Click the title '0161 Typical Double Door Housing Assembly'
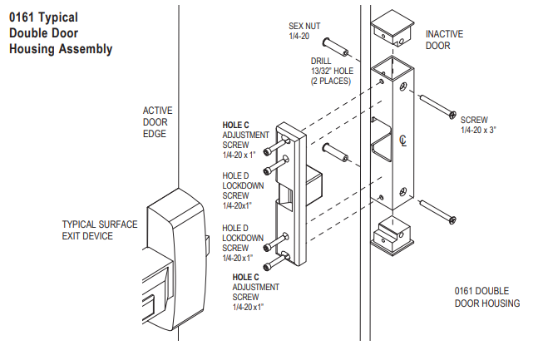(x=60, y=32)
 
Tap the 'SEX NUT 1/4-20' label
(x=304, y=32)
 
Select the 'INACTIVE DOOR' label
(x=444, y=40)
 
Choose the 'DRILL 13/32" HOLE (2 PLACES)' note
(x=331, y=71)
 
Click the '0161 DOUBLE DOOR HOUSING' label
(x=486, y=297)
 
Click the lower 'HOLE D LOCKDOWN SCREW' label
(x=243, y=243)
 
